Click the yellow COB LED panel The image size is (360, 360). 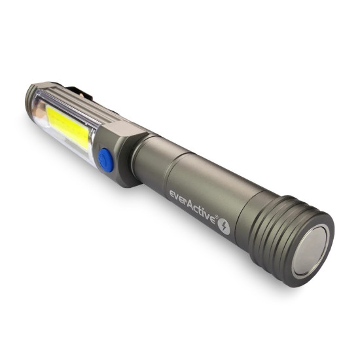tap(67, 128)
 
